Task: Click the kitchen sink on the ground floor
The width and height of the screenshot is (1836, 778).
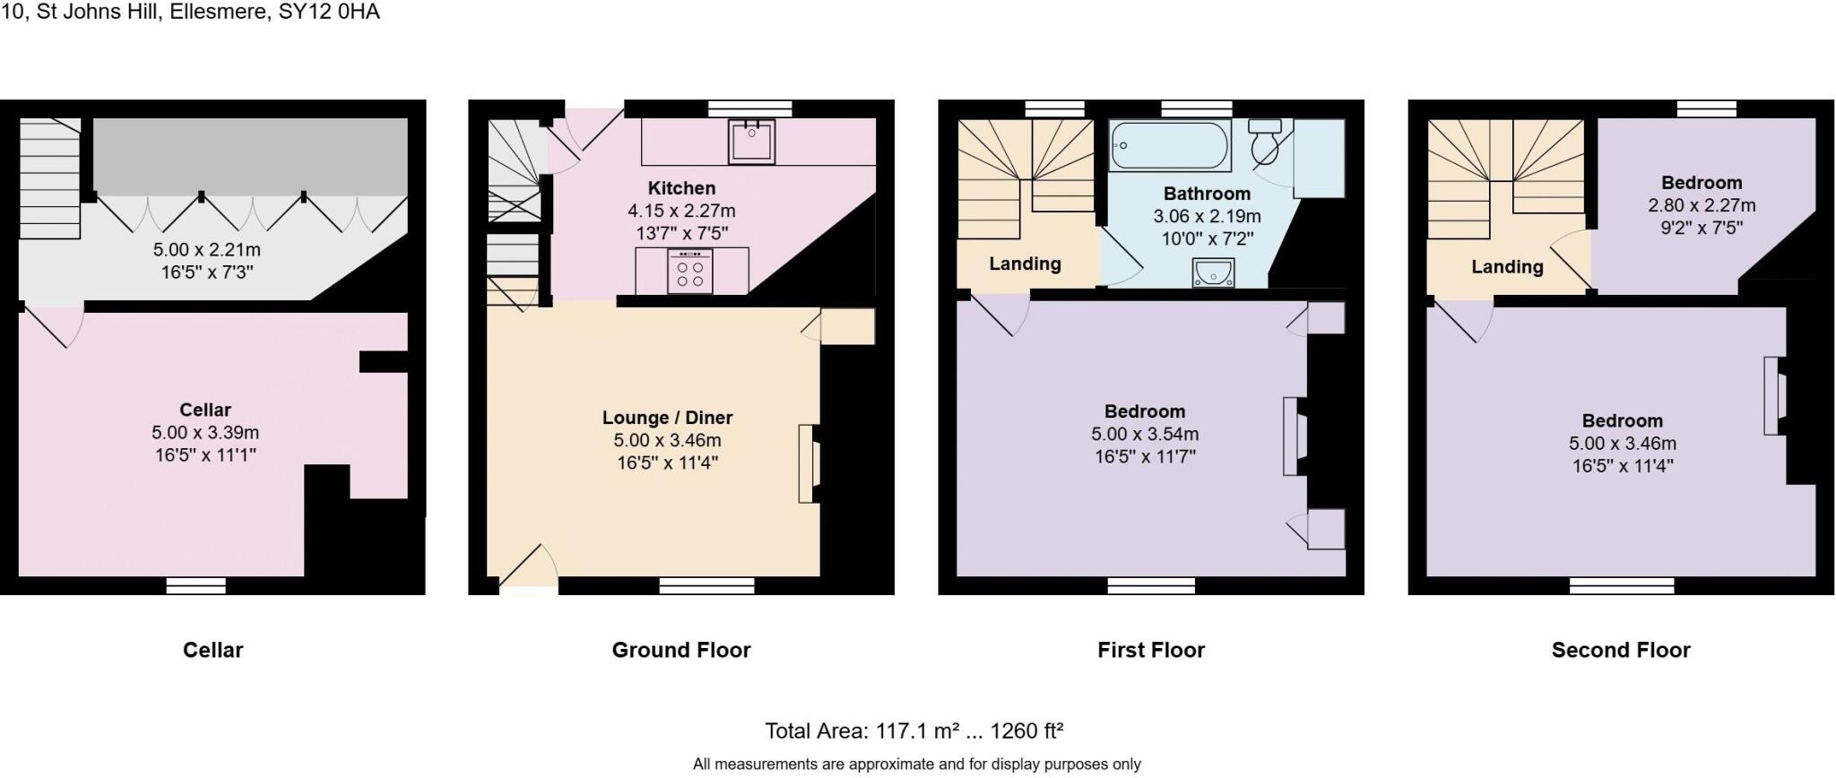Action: [x=751, y=141]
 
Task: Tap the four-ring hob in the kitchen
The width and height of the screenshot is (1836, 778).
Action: [x=690, y=272]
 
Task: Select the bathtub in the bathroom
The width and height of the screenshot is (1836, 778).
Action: [x=1169, y=146]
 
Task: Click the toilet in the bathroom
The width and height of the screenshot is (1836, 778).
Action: [x=1265, y=142]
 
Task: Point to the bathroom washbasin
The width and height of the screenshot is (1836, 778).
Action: [x=1213, y=272]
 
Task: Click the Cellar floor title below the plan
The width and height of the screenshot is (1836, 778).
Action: [x=212, y=650]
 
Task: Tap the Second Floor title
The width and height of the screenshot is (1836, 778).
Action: [x=1620, y=650]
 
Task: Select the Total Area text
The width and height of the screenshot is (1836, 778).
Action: [x=914, y=730]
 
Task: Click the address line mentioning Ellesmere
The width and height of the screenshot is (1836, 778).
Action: [x=191, y=12]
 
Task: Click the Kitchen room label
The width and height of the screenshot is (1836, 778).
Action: [x=681, y=188]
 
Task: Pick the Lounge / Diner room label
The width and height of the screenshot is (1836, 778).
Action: [x=667, y=418]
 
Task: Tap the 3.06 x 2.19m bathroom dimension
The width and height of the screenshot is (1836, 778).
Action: [x=1207, y=216]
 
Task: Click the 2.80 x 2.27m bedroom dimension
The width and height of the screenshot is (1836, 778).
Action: [x=1701, y=205]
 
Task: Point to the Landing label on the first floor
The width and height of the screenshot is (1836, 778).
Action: [x=1025, y=264]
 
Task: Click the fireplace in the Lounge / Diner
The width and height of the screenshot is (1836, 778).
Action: [x=809, y=463]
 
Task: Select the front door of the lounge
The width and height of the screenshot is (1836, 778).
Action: [x=528, y=574]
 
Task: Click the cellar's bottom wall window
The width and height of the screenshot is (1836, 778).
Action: [x=195, y=585]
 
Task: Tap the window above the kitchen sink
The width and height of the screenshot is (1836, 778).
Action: [x=749, y=108]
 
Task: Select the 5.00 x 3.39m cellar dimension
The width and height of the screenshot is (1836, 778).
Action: [x=205, y=432]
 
